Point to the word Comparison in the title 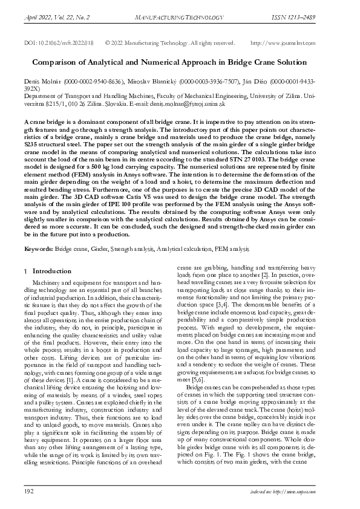tap(59, 62)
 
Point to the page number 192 tap(29, 493)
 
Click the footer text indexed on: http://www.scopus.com tap(307, 494)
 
